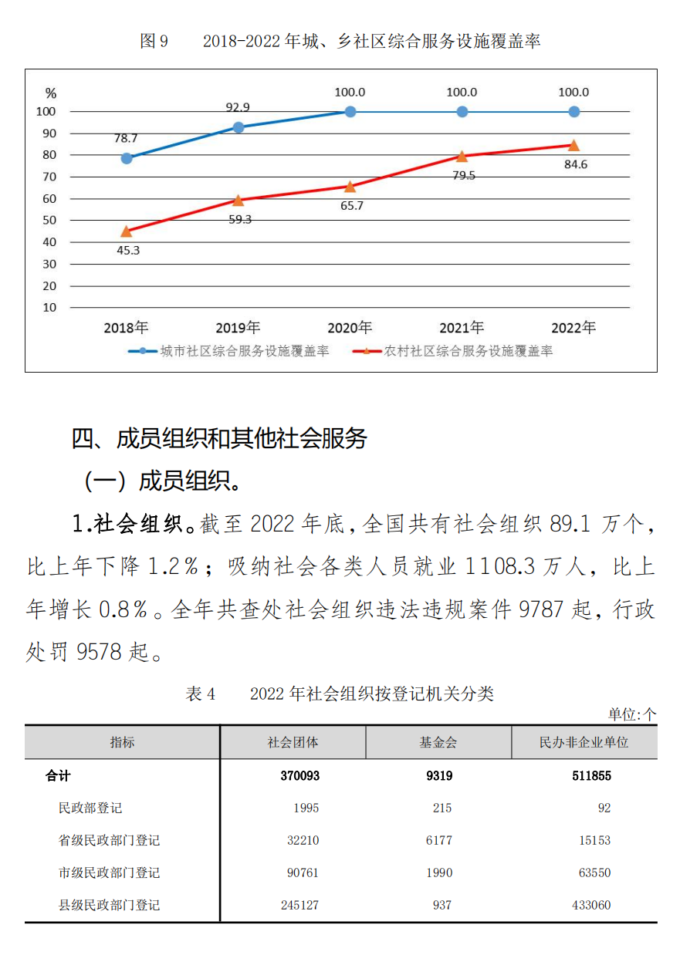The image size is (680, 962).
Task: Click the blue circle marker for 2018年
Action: (x=127, y=158)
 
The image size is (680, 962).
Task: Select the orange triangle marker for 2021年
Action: (x=462, y=156)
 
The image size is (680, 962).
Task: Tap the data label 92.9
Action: (x=238, y=108)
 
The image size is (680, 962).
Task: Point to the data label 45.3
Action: (x=127, y=250)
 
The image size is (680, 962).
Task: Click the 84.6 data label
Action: (x=574, y=164)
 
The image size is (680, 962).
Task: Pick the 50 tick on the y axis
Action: (x=49, y=221)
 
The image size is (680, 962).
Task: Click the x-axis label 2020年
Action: (x=350, y=328)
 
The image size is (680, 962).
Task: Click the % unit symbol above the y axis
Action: (x=51, y=93)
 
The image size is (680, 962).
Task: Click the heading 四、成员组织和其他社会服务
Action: (x=219, y=438)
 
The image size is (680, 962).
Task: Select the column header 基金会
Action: (x=438, y=742)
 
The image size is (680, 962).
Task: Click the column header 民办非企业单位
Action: (x=584, y=742)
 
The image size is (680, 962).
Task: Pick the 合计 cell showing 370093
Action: (x=299, y=776)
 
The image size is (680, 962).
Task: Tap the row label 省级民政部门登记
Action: (x=109, y=841)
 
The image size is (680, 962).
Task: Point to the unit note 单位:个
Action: (x=631, y=714)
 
